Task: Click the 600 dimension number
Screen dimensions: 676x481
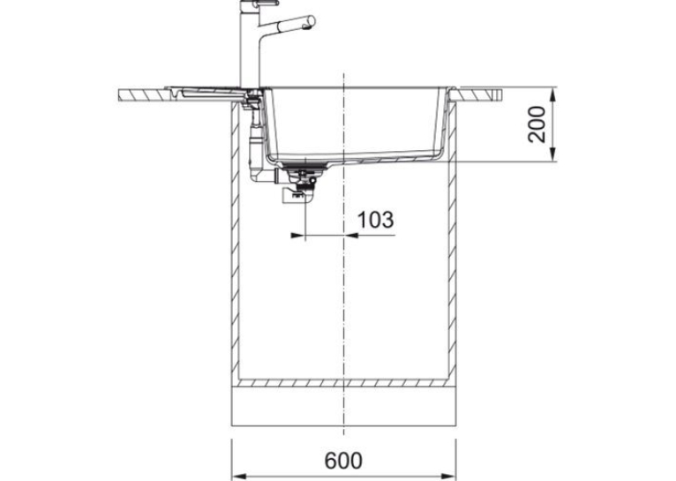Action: (343, 461)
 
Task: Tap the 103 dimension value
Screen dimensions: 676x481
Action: (376, 220)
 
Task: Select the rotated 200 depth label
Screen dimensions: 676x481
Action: (537, 124)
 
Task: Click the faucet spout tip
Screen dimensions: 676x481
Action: (307, 26)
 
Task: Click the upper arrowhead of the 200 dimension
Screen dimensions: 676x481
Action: (553, 94)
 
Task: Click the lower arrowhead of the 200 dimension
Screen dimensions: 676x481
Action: (553, 154)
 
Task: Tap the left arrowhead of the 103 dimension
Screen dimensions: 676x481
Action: (298, 236)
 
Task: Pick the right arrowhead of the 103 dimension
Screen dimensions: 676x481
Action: (351, 236)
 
